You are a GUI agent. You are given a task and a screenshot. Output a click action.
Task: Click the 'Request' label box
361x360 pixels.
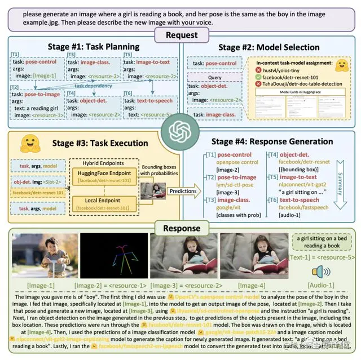(x=180, y=35)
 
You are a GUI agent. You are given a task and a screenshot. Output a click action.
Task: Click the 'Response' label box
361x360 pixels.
(x=180, y=228)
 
